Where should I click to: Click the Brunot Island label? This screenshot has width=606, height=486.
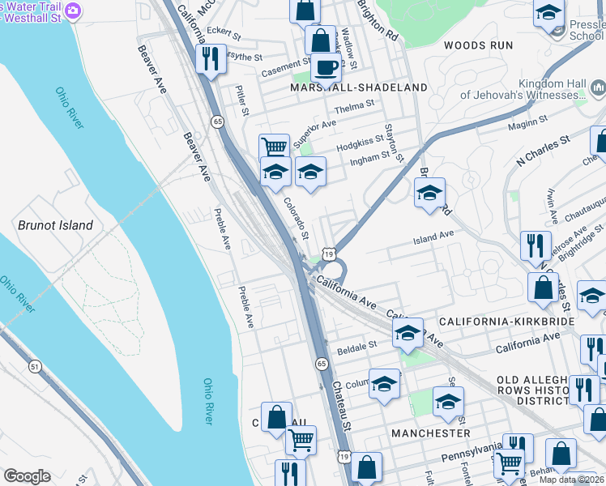tap(55, 225)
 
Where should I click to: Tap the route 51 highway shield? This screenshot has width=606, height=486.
tap(35, 367)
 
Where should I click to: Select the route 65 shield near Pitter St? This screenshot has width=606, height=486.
tap(217, 121)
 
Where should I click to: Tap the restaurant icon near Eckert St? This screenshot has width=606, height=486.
tap(210, 58)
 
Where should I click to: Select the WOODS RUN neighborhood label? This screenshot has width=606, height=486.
tap(479, 45)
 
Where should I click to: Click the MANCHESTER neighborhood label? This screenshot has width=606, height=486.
tap(430, 433)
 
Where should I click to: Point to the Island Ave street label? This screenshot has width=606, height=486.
tap(433, 237)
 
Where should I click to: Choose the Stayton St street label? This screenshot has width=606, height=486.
tap(394, 142)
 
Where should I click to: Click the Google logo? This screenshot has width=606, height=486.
tap(27, 476)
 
